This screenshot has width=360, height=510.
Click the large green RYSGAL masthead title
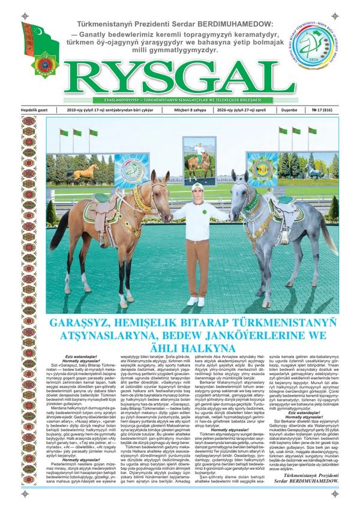[180, 76]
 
